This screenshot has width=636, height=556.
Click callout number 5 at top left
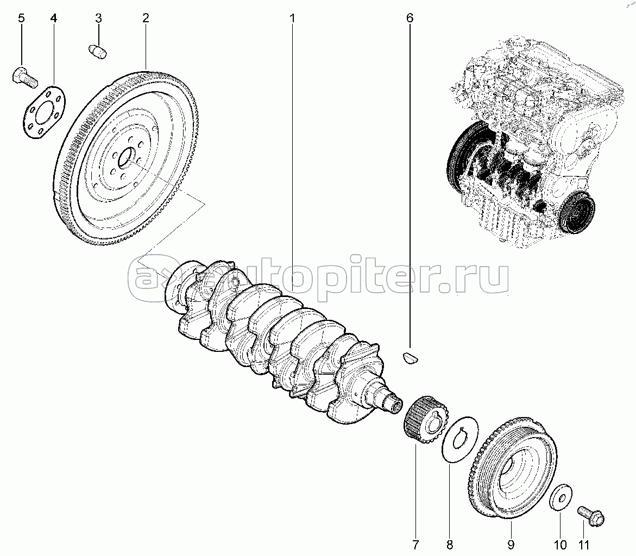tap(21, 18)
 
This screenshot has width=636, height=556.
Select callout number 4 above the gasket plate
tap(54, 18)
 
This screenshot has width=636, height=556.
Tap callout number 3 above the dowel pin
tap(98, 18)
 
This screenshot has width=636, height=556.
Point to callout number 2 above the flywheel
tap(146, 18)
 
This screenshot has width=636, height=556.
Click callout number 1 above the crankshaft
tap(292, 18)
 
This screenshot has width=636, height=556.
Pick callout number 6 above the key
tap(410, 18)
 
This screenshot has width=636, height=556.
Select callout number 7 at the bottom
tap(415, 544)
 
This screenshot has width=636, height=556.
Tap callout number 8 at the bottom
tap(449, 544)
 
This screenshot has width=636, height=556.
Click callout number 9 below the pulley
tap(511, 544)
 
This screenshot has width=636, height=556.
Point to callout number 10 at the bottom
tap(560, 544)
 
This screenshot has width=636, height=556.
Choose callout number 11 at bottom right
tap(584, 544)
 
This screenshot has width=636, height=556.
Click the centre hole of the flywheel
tap(126, 157)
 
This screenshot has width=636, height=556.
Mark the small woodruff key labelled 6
tap(411, 357)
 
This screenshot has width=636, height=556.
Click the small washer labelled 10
tap(561, 497)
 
